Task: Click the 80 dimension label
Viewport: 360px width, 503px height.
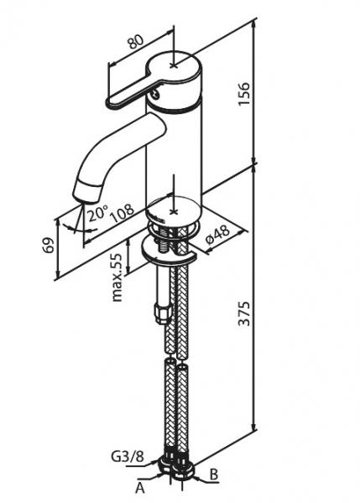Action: pyautogui.click(x=135, y=41)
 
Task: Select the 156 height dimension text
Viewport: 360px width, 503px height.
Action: pyautogui.click(x=243, y=94)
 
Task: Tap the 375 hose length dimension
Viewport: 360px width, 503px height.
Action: pyautogui.click(x=244, y=314)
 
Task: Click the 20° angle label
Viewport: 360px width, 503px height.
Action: pyautogui.click(x=97, y=213)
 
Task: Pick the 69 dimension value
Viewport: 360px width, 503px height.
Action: pyautogui.click(x=49, y=246)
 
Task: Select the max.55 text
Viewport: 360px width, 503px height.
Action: pyautogui.click(x=117, y=277)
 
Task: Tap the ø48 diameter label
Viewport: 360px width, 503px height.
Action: pyautogui.click(x=217, y=234)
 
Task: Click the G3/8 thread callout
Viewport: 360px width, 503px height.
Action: pyautogui.click(x=128, y=456)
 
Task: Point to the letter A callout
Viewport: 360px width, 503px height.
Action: pyautogui.click(x=140, y=488)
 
